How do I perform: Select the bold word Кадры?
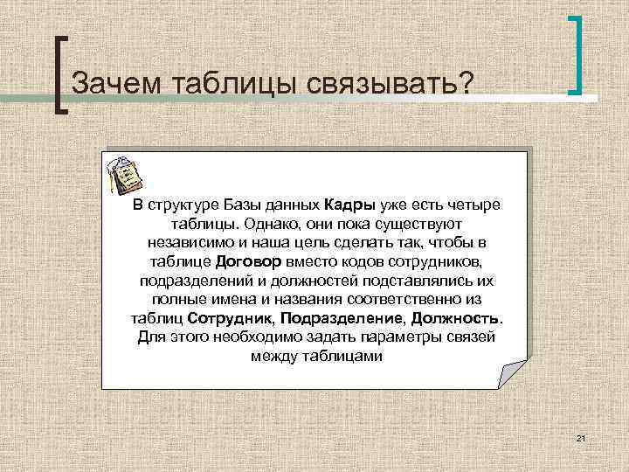click(349, 205)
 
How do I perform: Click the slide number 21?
click(579, 436)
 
